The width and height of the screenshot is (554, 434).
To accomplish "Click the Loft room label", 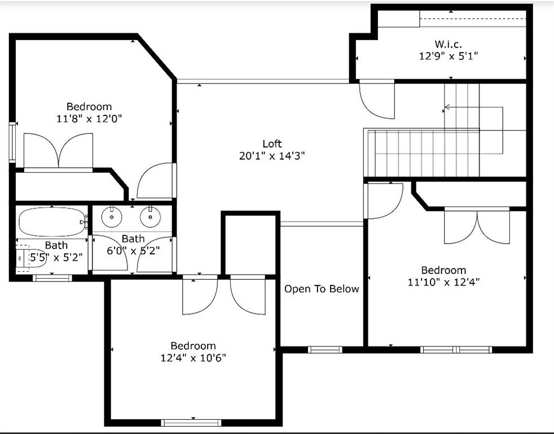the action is coord(272,144).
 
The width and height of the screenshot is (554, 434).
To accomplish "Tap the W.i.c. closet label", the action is coord(448,44).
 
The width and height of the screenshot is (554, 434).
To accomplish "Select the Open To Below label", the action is coord(322,289).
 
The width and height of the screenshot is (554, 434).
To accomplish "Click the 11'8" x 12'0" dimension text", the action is coord(89,118).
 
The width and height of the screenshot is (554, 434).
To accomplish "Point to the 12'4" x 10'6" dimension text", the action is coord(194,358).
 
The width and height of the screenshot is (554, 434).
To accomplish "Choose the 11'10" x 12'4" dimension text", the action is coord(444,282).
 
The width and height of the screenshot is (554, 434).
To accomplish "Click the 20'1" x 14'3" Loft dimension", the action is coord(272,156).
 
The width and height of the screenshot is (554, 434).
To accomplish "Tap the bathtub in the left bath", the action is coord(52,222).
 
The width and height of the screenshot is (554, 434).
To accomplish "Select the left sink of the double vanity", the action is coord(112,216).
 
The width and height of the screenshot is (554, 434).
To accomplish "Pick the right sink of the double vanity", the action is coord(150,216).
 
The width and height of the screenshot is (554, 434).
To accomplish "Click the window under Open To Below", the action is coord(325,350).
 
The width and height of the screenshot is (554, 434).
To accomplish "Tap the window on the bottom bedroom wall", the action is coord(191,423).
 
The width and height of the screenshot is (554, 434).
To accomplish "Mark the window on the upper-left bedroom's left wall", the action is coord(12,142).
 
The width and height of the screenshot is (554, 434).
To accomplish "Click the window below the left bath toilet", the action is coord(52,278).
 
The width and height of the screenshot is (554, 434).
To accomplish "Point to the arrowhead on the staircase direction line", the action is coord(447,107).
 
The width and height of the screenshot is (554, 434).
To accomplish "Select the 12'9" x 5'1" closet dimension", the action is coord(449,56).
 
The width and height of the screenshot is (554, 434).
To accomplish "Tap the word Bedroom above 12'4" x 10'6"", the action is coord(194,346).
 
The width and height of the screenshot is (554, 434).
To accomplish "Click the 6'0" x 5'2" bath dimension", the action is coord(133,251).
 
